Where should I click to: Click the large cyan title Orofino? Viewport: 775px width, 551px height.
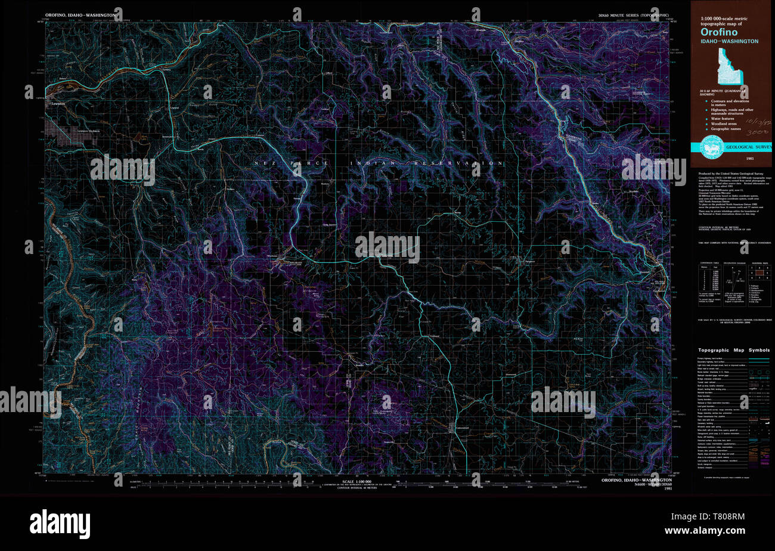click(718, 32)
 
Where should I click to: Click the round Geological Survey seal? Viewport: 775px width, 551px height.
click(708, 147)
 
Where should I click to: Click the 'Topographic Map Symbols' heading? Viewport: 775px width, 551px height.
click(733, 350)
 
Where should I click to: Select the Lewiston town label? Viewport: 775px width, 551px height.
click(58, 103)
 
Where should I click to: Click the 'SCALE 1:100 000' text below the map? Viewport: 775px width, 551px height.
click(356, 481)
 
